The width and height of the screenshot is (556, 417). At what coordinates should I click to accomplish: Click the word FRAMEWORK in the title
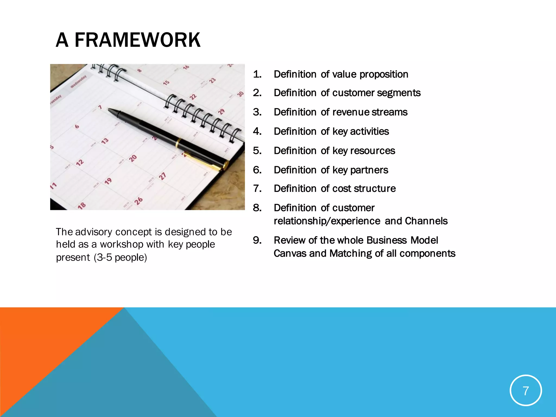click(137, 40)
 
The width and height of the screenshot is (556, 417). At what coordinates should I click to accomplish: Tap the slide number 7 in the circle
click(526, 391)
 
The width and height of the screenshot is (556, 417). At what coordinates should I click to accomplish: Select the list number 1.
click(257, 74)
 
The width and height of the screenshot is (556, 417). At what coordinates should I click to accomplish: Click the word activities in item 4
click(369, 131)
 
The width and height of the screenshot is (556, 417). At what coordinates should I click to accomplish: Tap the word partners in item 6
click(369, 170)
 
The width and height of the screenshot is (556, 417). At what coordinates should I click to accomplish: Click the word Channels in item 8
click(426, 221)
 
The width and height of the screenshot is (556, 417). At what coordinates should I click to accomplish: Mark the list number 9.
click(257, 240)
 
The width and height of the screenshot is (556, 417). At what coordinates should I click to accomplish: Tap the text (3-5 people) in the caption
click(120, 257)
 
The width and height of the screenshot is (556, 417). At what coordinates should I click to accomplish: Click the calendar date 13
click(105, 141)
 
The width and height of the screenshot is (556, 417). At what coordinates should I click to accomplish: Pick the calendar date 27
click(162, 176)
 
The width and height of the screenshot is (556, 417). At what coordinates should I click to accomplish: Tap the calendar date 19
click(108, 181)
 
